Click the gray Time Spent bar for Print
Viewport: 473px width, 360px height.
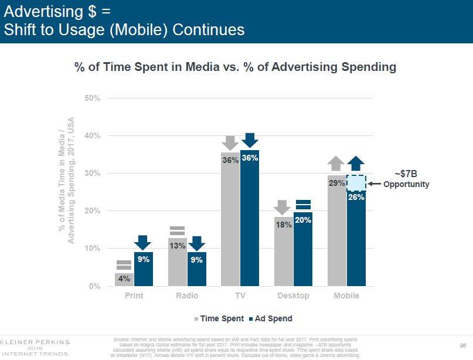pos(124,280)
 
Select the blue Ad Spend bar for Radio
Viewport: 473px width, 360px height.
pos(196,270)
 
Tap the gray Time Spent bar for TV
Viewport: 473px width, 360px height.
pos(230,223)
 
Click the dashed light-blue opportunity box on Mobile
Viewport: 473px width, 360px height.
pos(356,183)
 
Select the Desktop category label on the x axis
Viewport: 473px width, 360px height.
pos(293,296)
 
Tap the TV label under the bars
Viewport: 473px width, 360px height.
pos(240,296)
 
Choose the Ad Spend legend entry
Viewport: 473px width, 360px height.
pos(270,318)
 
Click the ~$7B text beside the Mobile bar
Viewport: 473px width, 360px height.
pos(406,174)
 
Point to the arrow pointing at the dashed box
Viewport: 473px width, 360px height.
pos(374,184)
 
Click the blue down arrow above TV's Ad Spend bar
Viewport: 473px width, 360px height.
pos(250,140)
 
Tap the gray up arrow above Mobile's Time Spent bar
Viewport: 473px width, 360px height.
pos(336,164)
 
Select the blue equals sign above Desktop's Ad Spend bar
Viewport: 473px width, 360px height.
pos(303,205)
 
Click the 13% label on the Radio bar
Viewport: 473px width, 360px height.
pos(177,246)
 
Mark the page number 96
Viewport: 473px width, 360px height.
pos(463,345)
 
